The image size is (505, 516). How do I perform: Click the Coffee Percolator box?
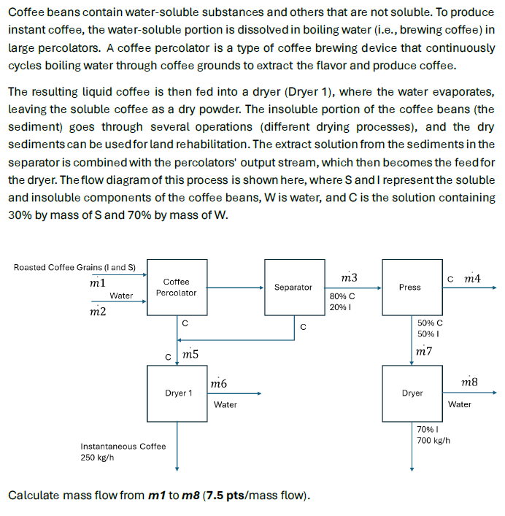(x=176, y=287)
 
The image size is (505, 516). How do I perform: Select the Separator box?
(x=293, y=287)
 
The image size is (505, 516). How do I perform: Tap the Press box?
(x=410, y=287)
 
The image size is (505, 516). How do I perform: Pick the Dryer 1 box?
(x=178, y=393)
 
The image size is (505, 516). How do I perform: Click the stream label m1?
(x=97, y=282)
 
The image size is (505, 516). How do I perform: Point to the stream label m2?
(x=97, y=312)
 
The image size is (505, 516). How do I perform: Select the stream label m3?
(x=350, y=277)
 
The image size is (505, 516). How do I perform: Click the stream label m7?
(x=423, y=351)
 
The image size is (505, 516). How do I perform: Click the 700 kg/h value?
(x=433, y=441)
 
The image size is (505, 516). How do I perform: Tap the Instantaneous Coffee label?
(x=123, y=446)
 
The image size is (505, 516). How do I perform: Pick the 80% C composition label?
(x=342, y=296)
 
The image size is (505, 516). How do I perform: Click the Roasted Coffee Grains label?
(x=79, y=267)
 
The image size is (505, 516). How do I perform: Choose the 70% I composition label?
(x=426, y=430)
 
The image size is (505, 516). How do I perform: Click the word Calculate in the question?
(x=33, y=496)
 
